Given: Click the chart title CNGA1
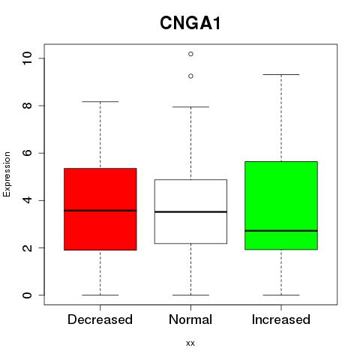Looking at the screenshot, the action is click(190, 23).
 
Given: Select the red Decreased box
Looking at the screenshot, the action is click(100, 209).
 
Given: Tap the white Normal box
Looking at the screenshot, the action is click(190, 211).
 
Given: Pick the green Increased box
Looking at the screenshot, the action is click(281, 205).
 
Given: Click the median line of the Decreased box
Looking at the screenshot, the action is click(100, 211).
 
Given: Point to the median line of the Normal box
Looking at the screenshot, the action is click(190, 211).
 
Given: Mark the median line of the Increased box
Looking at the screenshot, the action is click(281, 231).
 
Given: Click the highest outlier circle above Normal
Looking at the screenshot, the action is click(190, 54).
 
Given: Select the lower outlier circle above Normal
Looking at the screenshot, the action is click(190, 76).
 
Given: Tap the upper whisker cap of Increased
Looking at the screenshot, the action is click(281, 74).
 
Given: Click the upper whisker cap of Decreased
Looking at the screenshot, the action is click(100, 102).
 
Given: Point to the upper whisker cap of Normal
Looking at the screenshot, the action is click(190, 107).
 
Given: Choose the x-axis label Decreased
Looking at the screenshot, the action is click(100, 319).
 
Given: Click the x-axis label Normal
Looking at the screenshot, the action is click(190, 319).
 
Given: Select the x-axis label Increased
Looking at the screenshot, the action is click(281, 319).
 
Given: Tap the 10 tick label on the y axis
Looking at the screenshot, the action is click(27, 58).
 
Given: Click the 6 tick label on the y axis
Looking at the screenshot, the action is click(27, 153).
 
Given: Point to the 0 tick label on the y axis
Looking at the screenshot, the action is click(27, 295).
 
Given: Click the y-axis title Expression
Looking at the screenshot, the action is click(7, 174).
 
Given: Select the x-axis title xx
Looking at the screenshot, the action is click(190, 343).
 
